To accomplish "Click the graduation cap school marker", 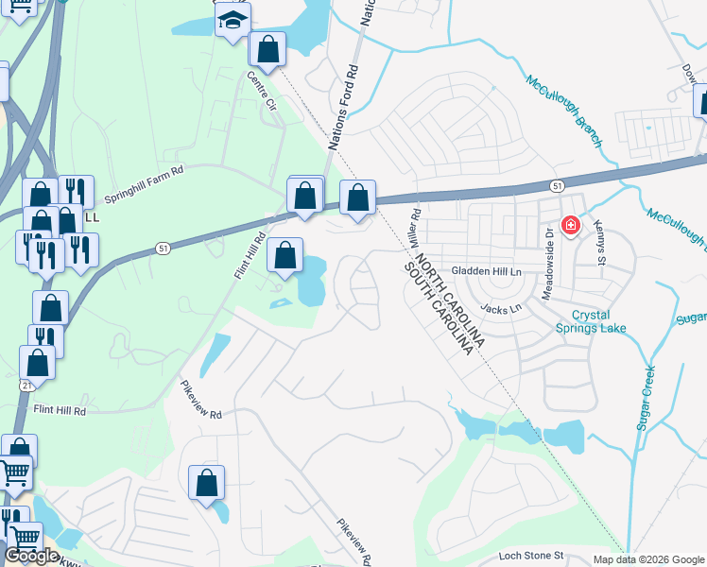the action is pyautogui.click(x=232, y=20).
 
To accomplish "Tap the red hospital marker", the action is pyautogui.click(x=570, y=225).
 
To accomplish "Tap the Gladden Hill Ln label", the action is pyautogui.click(x=487, y=271).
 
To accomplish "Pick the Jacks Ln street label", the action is pyautogui.click(x=501, y=308).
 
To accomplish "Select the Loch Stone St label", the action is pyautogui.click(x=531, y=556).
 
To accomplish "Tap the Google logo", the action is pyautogui.click(x=31, y=556).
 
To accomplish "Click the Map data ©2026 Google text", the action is pyautogui.click(x=648, y=559).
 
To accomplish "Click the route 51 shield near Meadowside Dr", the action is pyautogui.click(x=559, y=186).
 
